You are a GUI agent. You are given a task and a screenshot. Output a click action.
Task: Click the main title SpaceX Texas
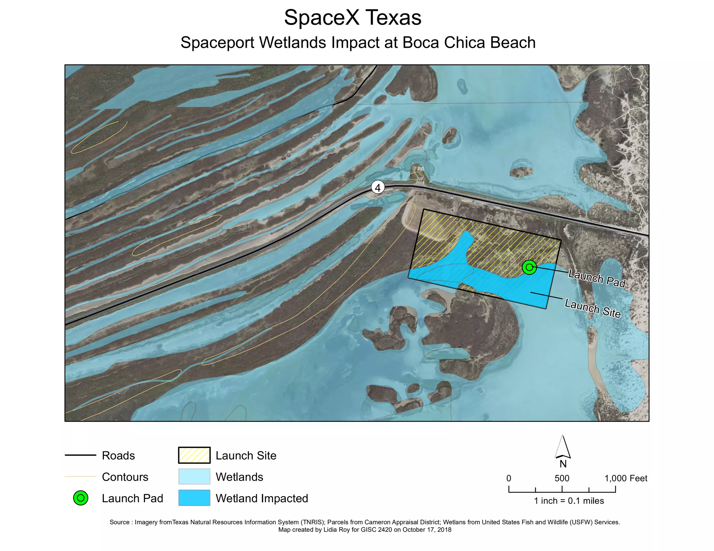(352, 18)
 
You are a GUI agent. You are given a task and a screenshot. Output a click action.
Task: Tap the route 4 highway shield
(378, 187)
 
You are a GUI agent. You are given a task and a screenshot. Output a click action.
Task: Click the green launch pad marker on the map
(529, 267)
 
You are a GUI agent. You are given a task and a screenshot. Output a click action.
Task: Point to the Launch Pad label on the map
(597, 278)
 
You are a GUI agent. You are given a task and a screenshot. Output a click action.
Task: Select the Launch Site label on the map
(592, 309)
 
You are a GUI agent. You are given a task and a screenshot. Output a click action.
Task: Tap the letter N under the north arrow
(563, 464)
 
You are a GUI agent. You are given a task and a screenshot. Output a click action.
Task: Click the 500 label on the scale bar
(562, 478)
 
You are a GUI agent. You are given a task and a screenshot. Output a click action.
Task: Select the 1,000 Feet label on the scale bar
(626, 478)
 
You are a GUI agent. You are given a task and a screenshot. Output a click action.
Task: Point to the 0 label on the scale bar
(509, 478)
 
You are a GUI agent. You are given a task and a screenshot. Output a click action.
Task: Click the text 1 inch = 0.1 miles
(569, 501)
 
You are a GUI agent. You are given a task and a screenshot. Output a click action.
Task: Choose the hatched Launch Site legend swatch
(194, 455)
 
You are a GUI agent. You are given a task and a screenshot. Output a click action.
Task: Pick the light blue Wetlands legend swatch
(194, 476)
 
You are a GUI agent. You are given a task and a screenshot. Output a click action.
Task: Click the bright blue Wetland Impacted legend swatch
(194, 498)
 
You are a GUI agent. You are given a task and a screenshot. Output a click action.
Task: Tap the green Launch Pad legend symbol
(81, 498)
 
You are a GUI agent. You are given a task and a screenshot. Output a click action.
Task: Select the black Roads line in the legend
(81, 455)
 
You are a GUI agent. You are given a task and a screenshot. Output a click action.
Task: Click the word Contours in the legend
(125, 477)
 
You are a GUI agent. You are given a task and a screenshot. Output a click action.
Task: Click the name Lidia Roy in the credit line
(337, 530)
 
